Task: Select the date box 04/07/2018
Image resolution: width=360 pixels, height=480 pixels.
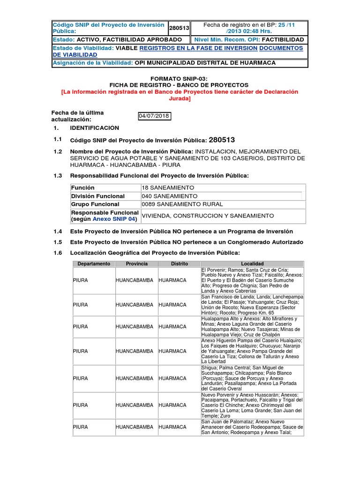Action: pyautogui.click(x=154, y=116)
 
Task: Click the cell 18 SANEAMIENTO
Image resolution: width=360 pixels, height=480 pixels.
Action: pyautogui.click(x=161, y=187)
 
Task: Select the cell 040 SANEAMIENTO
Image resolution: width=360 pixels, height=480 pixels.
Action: pyautogui.click(x=169, y=196)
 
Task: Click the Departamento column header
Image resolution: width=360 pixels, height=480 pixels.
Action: pyautogui.click(x=94, y=264)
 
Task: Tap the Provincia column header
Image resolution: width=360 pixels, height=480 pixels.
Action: pyautogui.click(x=136, y=264)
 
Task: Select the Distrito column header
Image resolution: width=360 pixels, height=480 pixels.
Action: pyautogui.click(x=179, y=264)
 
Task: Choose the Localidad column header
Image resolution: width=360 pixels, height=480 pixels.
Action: pyautogui.click(x=252, y=264)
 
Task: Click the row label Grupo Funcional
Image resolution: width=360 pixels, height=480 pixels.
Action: pyautogui.click(x=95, y=204)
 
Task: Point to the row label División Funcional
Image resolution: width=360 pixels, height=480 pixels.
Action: pyautogui.click(x=97, y=196)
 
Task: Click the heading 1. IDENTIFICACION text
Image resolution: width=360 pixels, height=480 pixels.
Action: pyautogui.click(x=94, y=128)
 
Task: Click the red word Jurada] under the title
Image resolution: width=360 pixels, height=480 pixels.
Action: pyautogui.click(x=180, y=99)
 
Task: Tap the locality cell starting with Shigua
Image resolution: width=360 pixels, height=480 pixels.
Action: pyautogui.click(x=252, y=378)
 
